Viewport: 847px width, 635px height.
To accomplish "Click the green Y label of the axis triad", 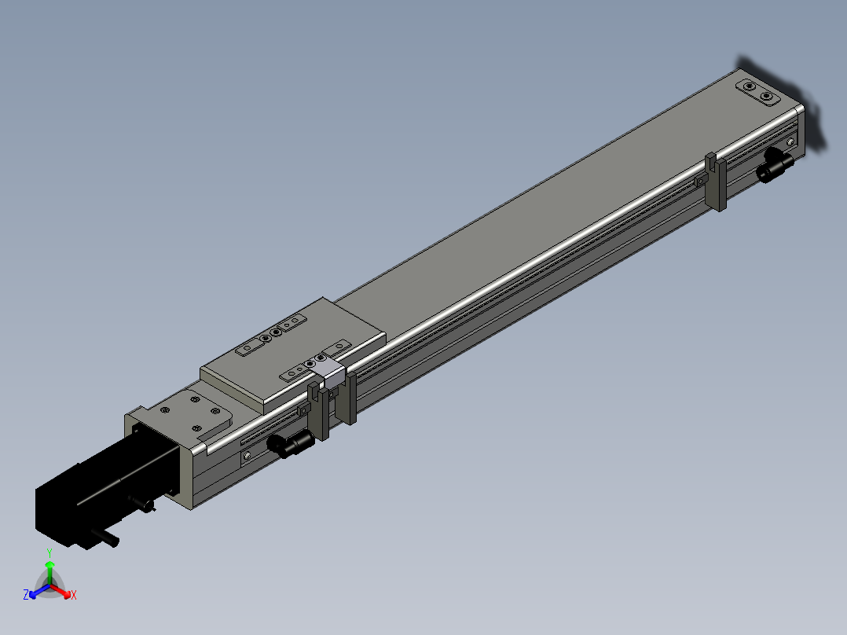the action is point(49,552).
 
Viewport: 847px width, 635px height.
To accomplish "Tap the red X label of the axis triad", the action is point(74,595).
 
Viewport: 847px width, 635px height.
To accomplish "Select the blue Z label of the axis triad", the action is point(26,594).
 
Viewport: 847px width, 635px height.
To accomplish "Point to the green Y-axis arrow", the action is point(49,572).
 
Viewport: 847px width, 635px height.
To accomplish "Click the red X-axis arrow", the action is point(60,591).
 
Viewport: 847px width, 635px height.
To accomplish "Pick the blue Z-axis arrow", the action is point(39,591).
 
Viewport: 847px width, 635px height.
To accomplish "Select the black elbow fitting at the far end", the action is point(773,164).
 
